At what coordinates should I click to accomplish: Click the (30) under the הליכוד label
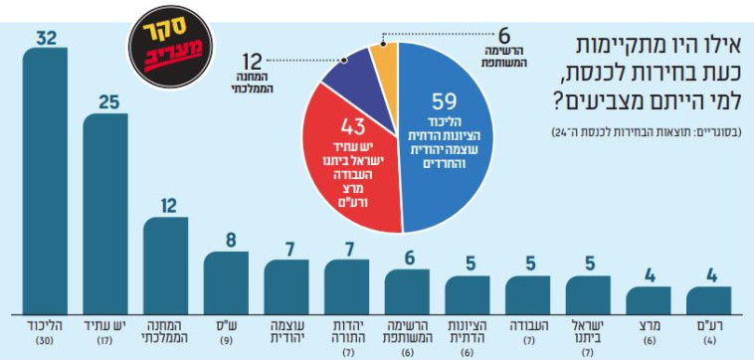pyautogui.click(x=45, y=343)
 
